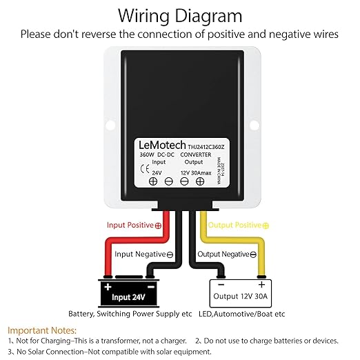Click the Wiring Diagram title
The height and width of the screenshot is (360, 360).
tap(180, 16)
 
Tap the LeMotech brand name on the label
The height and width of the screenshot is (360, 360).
tap(162, 145)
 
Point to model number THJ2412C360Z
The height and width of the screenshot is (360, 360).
tap(206, 147)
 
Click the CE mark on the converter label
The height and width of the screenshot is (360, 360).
tap(145, 170)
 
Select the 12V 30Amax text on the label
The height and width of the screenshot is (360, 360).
tap(196, 173)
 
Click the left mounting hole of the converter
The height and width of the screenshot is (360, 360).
tap(110, 125)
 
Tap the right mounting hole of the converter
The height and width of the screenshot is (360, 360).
tap(254, 125)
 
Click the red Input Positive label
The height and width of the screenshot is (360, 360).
tap(134, 225)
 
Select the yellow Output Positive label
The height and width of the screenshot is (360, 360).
tap(239, 225)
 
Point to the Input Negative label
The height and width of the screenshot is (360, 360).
tap(144, 254)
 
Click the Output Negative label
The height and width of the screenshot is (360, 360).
tap(227, 254)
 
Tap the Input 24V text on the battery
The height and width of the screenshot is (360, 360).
tap(128, 297)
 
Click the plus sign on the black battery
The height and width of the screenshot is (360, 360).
tap(108, 287)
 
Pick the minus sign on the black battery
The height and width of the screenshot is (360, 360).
tap(151, 287)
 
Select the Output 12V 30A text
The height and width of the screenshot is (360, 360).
tap(241, 296)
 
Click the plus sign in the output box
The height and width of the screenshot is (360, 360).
tap(261, 285)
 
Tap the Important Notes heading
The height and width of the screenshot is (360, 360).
tap(42, 330)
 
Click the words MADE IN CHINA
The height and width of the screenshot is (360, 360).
tap(219, 170)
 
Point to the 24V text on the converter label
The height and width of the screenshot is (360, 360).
tap(157, 172)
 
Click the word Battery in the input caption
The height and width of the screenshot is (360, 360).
tap(81, 314)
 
